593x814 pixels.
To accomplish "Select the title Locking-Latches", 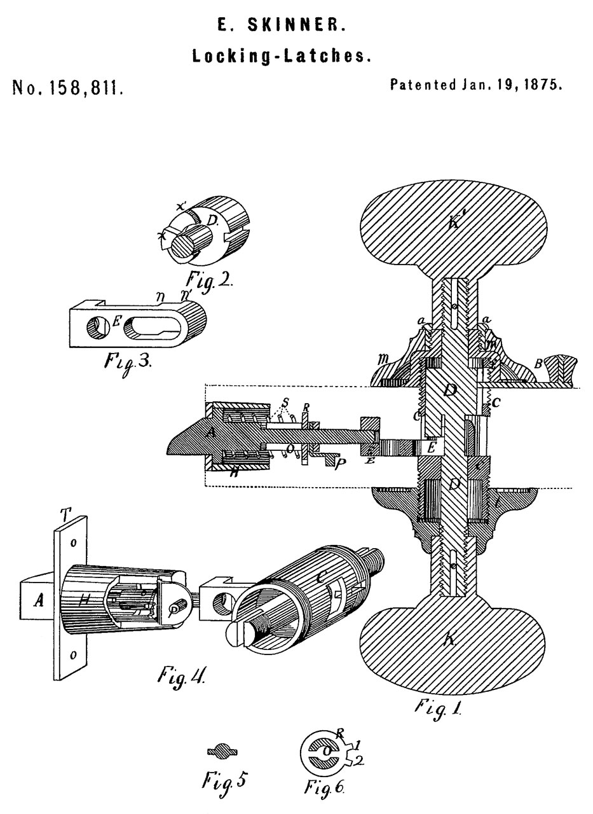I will tap(282, 56).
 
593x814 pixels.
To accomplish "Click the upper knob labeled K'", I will tap(453, 226).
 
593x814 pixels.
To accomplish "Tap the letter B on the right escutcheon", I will tap(538, 364).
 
